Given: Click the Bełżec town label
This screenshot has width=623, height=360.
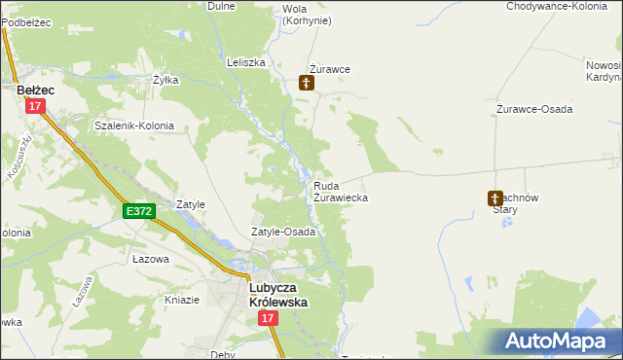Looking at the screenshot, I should pos(36,89).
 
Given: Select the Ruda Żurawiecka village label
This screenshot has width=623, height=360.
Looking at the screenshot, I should pos(340,191).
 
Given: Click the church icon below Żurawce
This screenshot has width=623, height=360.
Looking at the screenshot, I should pos(307,85).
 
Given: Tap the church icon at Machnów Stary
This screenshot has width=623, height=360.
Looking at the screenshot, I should pos(495,198).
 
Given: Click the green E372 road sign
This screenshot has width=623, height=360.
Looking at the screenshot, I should pos(138,210).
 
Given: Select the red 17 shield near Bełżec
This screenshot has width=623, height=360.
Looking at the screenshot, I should pos(36,107).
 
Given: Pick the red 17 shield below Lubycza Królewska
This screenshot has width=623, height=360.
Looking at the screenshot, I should pos(269,333).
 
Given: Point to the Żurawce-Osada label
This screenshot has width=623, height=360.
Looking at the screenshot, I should pos(534,109).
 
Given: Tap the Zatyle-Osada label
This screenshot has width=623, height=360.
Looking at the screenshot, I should pos(283,233).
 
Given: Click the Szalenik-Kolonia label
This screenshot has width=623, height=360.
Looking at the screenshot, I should pos(134,126).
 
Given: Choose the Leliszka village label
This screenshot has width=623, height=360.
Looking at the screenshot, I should pos(245,62).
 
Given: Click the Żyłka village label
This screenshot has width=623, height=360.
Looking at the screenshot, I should pos(165,80).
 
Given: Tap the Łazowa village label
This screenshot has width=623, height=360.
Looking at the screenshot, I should pos(151,260).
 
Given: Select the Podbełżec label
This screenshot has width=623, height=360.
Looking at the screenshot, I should pos(26,21).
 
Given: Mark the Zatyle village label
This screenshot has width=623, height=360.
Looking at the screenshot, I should pos(190,205).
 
